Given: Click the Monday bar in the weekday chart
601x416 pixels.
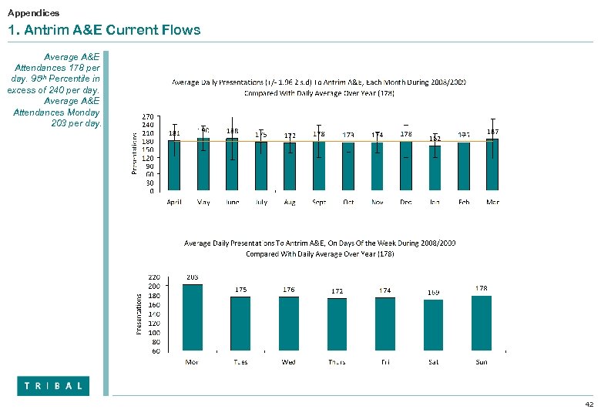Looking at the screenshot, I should click(193, 317).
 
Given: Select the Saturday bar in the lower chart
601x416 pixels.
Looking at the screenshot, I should click(435, 325).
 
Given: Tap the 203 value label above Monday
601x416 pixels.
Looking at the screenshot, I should click(193, 277).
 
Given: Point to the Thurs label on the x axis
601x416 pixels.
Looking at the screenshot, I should click(337, 361).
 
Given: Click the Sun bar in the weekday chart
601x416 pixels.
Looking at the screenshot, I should click(482, 323).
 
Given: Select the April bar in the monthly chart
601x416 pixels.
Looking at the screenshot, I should click(175, 166).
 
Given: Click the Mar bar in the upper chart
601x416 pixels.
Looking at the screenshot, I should click(493, 164).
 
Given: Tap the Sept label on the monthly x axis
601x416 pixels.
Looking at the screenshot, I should click(319, 202).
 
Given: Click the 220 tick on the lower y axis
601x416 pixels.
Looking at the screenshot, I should click(153, 277).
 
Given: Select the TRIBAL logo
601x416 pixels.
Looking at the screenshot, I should click(53, 386).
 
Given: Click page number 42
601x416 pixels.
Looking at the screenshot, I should click(589, 404).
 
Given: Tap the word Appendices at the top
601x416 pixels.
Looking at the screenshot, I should click(33, 13).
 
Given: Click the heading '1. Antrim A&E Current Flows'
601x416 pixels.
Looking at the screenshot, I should click(104, 31).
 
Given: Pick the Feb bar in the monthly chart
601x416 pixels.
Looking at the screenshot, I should click(464, 166).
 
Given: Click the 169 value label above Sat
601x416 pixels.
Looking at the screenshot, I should click(435, 292).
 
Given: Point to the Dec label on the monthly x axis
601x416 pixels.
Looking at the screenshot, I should click(406, 202).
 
